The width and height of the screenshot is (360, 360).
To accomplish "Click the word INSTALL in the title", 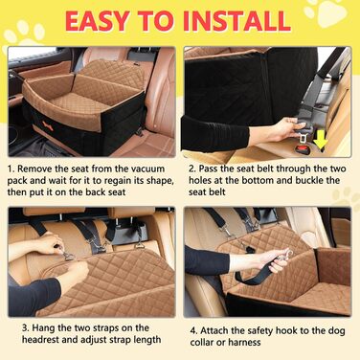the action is [236, 21].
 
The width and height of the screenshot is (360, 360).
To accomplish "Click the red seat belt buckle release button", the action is [303, 148].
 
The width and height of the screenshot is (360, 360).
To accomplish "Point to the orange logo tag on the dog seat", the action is [47, 122].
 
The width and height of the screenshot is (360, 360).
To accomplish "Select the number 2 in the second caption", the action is [191, 169].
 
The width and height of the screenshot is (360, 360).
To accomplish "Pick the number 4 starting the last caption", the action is [193, 330].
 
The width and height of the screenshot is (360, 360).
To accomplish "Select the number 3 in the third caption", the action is [25, 327].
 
